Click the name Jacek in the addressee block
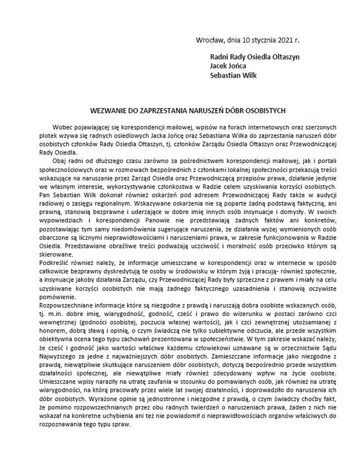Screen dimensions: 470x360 219,65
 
